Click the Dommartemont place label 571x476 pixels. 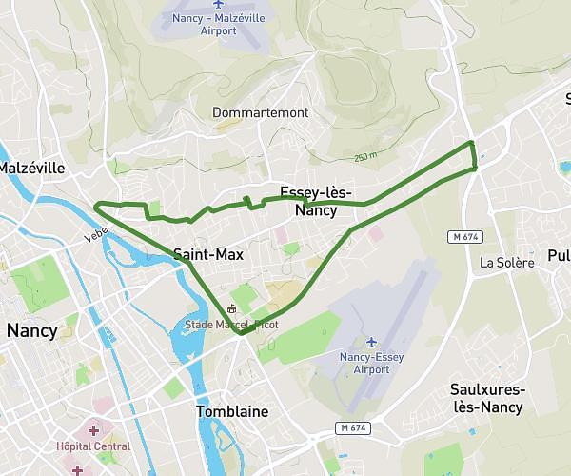tap(261, 112)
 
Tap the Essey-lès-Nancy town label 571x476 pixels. tap(315, 202)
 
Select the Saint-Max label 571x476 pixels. tap(208, 254)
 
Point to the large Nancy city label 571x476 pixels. tap(31, 331)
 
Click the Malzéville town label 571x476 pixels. tap(31, 168)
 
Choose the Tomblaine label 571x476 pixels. tap(232, 411)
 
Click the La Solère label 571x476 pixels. tap(506, 262)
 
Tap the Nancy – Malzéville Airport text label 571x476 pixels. tap(220, 25)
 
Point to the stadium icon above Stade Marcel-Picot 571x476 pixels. tap(231, 309)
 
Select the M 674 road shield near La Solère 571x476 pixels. tap(461, 235)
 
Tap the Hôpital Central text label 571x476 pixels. tap(92, 446)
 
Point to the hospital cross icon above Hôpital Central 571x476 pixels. tap(92, 430)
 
